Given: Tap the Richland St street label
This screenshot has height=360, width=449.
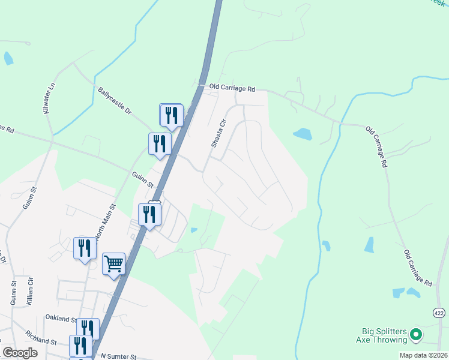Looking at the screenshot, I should pos(41,337).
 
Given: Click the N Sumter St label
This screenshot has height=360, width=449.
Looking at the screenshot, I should pos(119,356).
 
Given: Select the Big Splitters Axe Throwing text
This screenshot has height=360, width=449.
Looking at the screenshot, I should pos(384,335).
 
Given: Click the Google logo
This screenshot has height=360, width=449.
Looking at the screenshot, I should pos(20,353).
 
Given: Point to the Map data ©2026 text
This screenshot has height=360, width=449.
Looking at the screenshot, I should pos(423,355).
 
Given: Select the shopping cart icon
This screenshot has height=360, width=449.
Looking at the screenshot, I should pos(113,263).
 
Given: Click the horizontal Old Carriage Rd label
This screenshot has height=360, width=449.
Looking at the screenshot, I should pos(232,88).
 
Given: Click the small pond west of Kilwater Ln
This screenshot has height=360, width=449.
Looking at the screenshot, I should pos(8,58).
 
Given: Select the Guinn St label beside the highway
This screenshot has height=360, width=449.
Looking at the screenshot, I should pos(143,180).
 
